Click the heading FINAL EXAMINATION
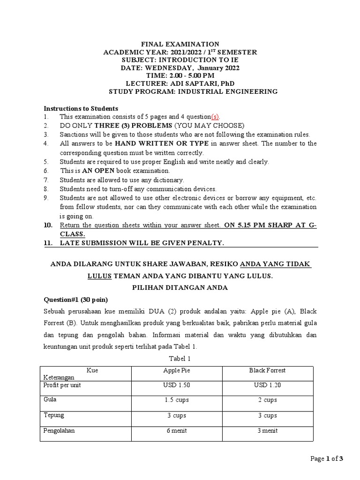(180, 44)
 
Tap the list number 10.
(48, 225)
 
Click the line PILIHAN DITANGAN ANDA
(180, 288)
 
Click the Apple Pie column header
(176, 370)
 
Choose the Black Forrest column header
(267, 370)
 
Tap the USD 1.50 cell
(176, 385)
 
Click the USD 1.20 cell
(267, 385)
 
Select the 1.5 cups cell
(176, 400)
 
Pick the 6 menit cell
(176, 430)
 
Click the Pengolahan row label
(59, 430)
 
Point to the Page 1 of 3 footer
(327, 459)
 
